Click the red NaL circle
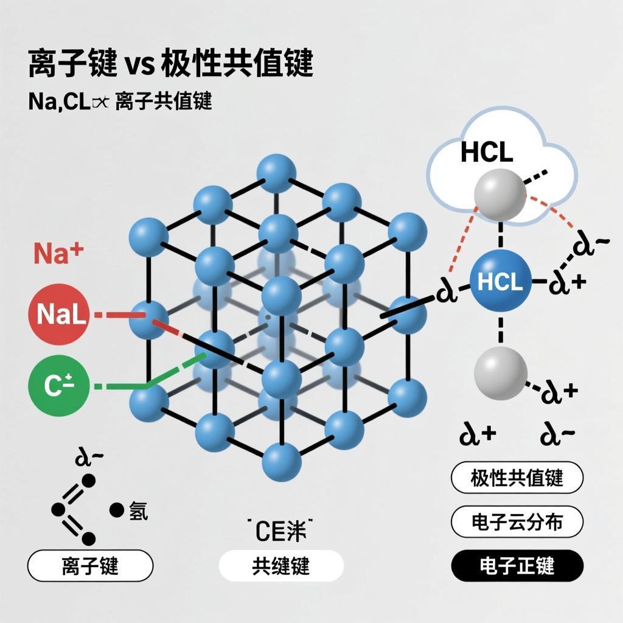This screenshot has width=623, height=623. (58, 315)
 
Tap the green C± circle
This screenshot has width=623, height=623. (58, 385)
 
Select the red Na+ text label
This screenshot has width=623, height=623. (58, 253)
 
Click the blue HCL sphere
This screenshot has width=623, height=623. (500, 282)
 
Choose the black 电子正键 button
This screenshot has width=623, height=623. (517, 566)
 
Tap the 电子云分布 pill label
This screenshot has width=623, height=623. (517, 521)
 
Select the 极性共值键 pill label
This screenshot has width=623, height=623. (517, 478)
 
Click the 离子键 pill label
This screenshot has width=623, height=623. (90, 566)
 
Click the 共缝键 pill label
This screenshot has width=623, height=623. (280, 566)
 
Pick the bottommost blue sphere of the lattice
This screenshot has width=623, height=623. (282, 461)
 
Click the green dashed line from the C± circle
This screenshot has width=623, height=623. (116, 385)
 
